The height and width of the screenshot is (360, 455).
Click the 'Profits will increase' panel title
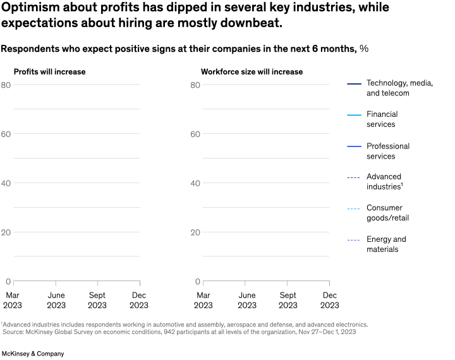(49, 71)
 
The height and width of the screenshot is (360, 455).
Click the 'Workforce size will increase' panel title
(252, 71)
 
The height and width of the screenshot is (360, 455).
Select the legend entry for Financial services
(382, 119)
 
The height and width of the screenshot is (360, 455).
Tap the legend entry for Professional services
(387, 151)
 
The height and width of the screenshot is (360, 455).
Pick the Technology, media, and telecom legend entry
(399, 88)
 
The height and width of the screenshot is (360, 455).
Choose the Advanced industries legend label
(384, 182)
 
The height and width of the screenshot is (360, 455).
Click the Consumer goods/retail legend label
(387, 213)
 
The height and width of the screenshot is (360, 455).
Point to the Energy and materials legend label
(386, 244)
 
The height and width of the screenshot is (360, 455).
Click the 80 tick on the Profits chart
(6, 85)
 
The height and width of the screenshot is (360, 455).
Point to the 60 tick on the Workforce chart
(195, 134)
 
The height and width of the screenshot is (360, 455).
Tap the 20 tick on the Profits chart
(6, 232)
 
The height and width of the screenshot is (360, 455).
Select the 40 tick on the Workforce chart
(195, 183)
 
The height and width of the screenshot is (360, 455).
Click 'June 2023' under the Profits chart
(56, 300)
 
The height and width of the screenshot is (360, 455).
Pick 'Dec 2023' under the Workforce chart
(329, 300)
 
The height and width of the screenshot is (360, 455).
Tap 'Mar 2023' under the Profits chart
(13, 300)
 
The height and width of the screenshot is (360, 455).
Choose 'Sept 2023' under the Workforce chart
(288, 300)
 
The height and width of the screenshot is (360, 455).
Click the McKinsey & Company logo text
(33, 354)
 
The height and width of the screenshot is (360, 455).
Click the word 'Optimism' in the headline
(26, 8)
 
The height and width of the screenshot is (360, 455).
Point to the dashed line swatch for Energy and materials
(354, 240)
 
